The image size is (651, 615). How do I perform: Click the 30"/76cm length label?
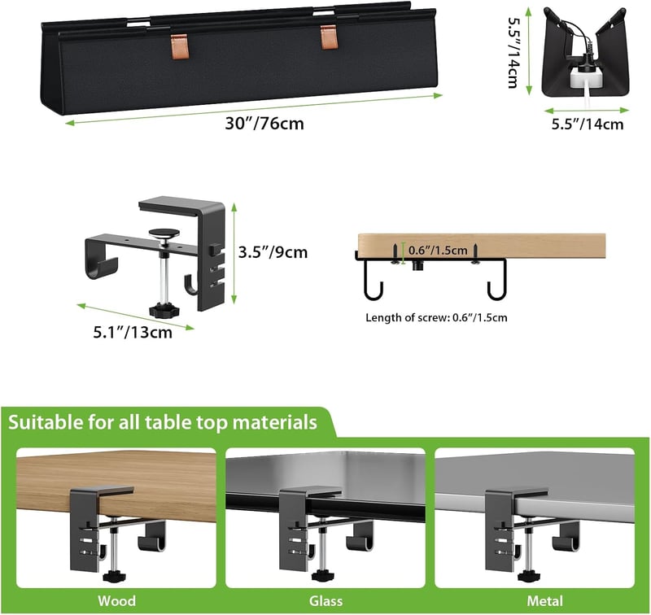[x=264, y=124]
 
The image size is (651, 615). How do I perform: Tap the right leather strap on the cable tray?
[x=329, y=37]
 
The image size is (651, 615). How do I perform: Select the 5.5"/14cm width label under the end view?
[x=588, y=124]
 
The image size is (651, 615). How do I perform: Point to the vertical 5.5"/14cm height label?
[x=513, y=53]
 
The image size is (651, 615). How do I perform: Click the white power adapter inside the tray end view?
[x=583, y=78]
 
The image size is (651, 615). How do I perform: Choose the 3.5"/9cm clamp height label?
[x=273, y=252]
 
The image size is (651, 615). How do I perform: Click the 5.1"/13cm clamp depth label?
[x=133, y=332]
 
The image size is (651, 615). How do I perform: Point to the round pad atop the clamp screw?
[x=165, y=233]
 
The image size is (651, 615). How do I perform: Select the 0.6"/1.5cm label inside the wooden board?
[x=438, y=251]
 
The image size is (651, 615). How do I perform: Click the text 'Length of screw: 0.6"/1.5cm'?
[x=436, y=318]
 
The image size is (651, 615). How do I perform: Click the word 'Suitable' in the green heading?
[x=46, y=422]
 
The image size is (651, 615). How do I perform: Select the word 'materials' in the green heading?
[x=274, y=422]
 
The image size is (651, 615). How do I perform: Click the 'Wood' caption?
[x=116, y=601]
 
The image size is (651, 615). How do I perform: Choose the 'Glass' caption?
[x=326, y=601]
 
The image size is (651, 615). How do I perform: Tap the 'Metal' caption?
[x=544, y=601]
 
